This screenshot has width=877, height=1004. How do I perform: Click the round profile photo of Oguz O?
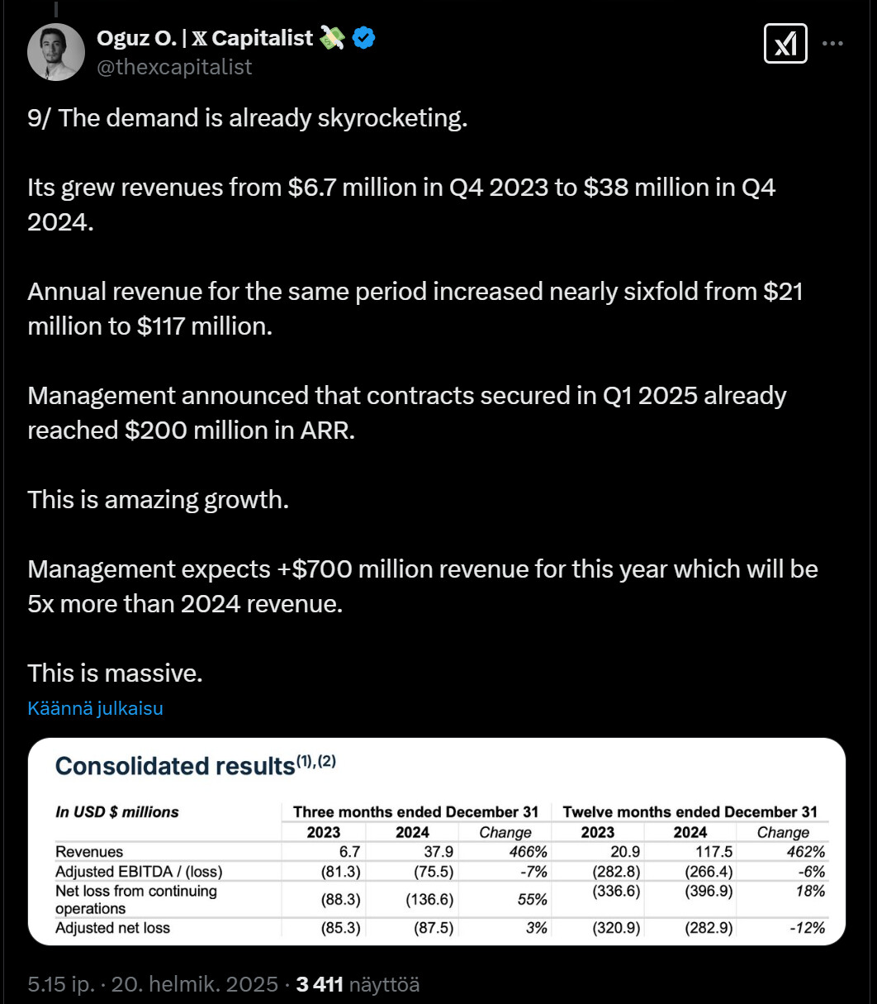pyautogui.click(x=56, y=51)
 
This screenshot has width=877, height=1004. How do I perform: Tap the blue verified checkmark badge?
pyautogui.click(x=364, y=37)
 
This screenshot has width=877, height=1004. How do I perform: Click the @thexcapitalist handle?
pyautogui.click(x=174, y=67)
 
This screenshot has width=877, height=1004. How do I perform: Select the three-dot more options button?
pyautogui.click(x=833, y=44)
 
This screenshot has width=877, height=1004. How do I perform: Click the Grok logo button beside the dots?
pyautogui.click(x=785, y=44)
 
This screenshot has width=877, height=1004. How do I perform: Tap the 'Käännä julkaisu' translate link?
pyautogui.click(x=95, y=708)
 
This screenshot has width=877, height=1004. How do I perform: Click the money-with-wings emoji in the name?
pyautogui.click(x=332, y=37)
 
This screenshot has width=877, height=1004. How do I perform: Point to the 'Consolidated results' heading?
pyautogui.click(x=174, y=766)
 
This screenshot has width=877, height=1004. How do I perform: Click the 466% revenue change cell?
pyautogui.click(x=528, y=852)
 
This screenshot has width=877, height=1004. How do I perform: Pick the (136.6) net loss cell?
pyautogui.click(x=429, y=900)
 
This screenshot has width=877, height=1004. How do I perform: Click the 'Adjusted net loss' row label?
pyautogui.click(x=112, y=928)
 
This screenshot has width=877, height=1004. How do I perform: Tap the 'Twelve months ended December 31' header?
pyautogui.click(x=690, y=811)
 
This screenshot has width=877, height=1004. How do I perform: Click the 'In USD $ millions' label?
pyautogui.click(x=117, y=811)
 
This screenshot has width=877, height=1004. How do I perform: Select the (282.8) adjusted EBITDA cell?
pyautogui.click(x=616, y=872)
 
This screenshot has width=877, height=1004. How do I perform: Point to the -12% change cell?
pyautogui.click(x=807, y=928)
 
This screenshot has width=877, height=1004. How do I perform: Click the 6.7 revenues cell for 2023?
pyautogui.click(x=349, y=852)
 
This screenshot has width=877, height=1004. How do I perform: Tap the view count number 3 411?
pyautogui.click(x=319, y=984)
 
